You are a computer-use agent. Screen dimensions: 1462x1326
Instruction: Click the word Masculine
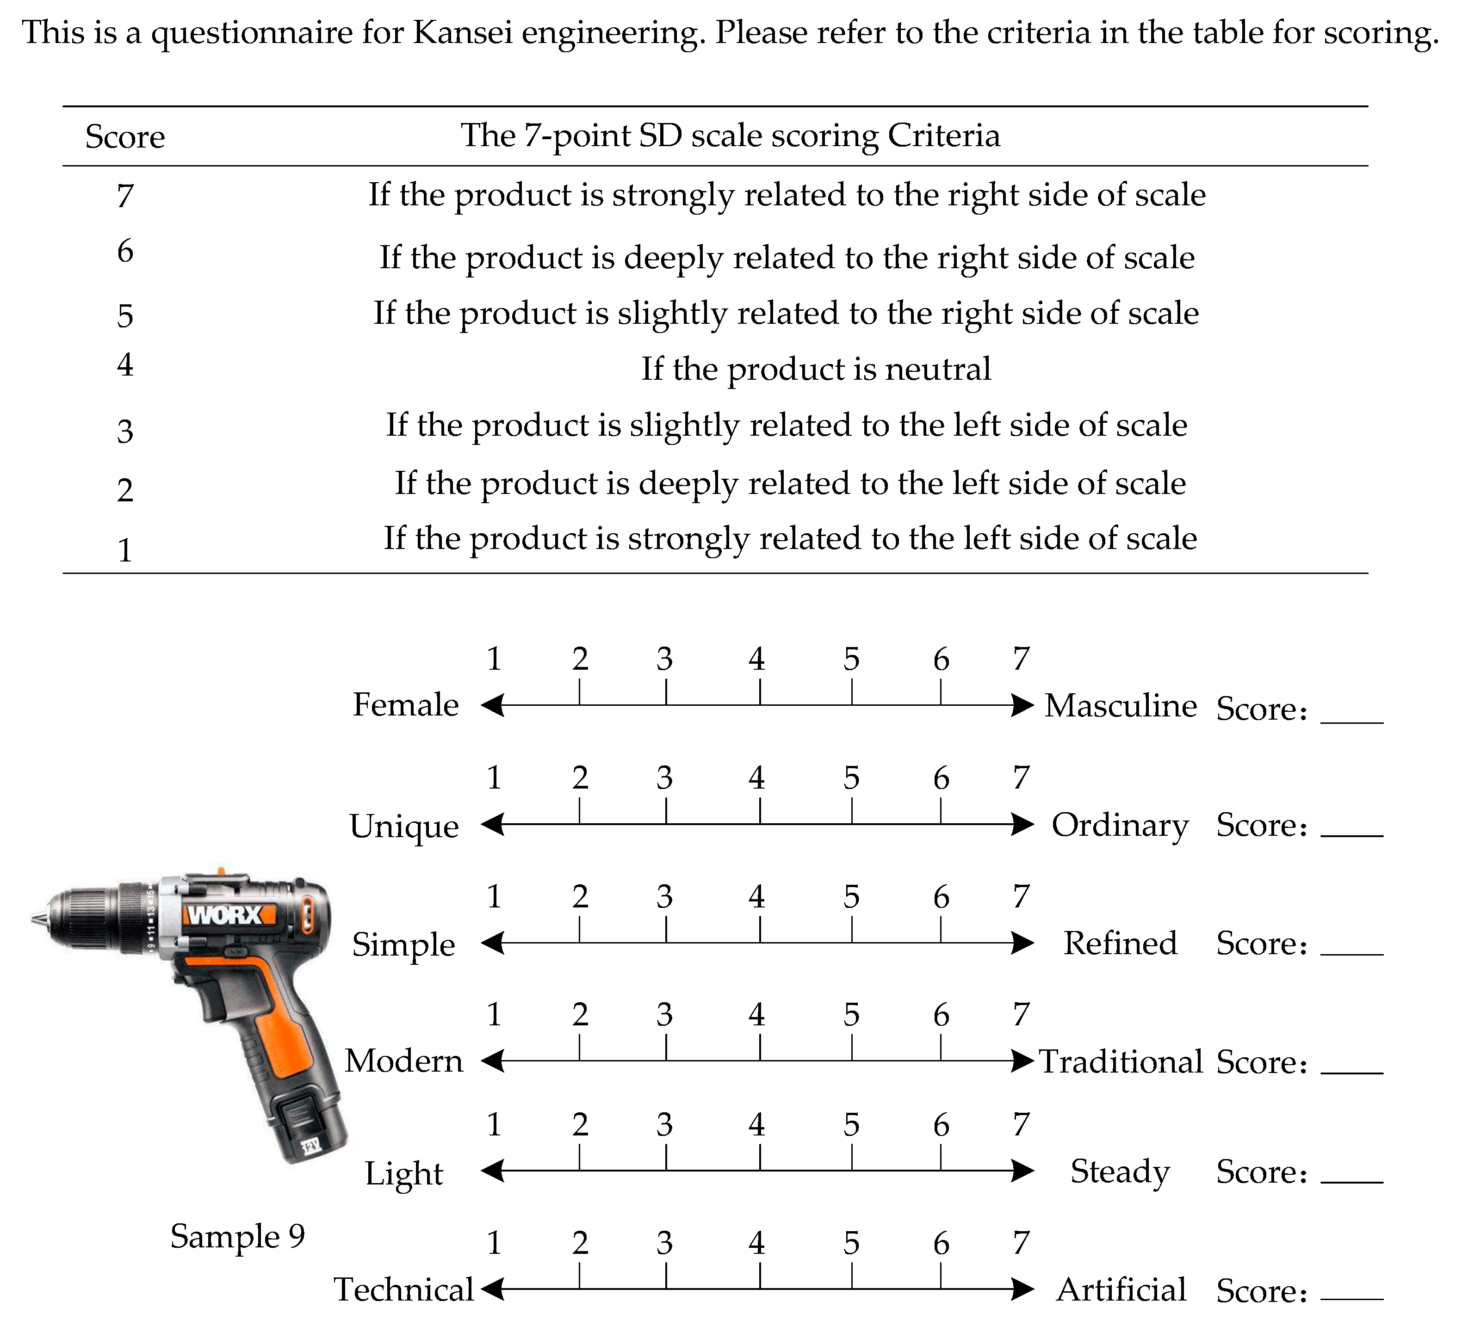click(x=1121, y=705)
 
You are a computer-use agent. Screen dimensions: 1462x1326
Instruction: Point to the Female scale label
click(x=405, y=705)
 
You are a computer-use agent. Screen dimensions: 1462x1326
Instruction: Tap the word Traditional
click(x=1121, y=1061)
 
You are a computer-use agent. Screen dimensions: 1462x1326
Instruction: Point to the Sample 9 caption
click(x=237, y=1236)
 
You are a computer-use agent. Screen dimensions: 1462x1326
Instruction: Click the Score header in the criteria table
click(x=125, y=136)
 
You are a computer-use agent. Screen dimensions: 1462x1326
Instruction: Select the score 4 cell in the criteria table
click(x=125, y=364)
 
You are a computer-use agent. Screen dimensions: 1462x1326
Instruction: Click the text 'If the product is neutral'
click(x=816, y=369)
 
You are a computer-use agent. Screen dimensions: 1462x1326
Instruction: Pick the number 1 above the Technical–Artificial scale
click(x=494, y=1243)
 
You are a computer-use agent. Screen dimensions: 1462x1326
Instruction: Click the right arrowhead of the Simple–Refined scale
click(x=1023, y=943)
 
